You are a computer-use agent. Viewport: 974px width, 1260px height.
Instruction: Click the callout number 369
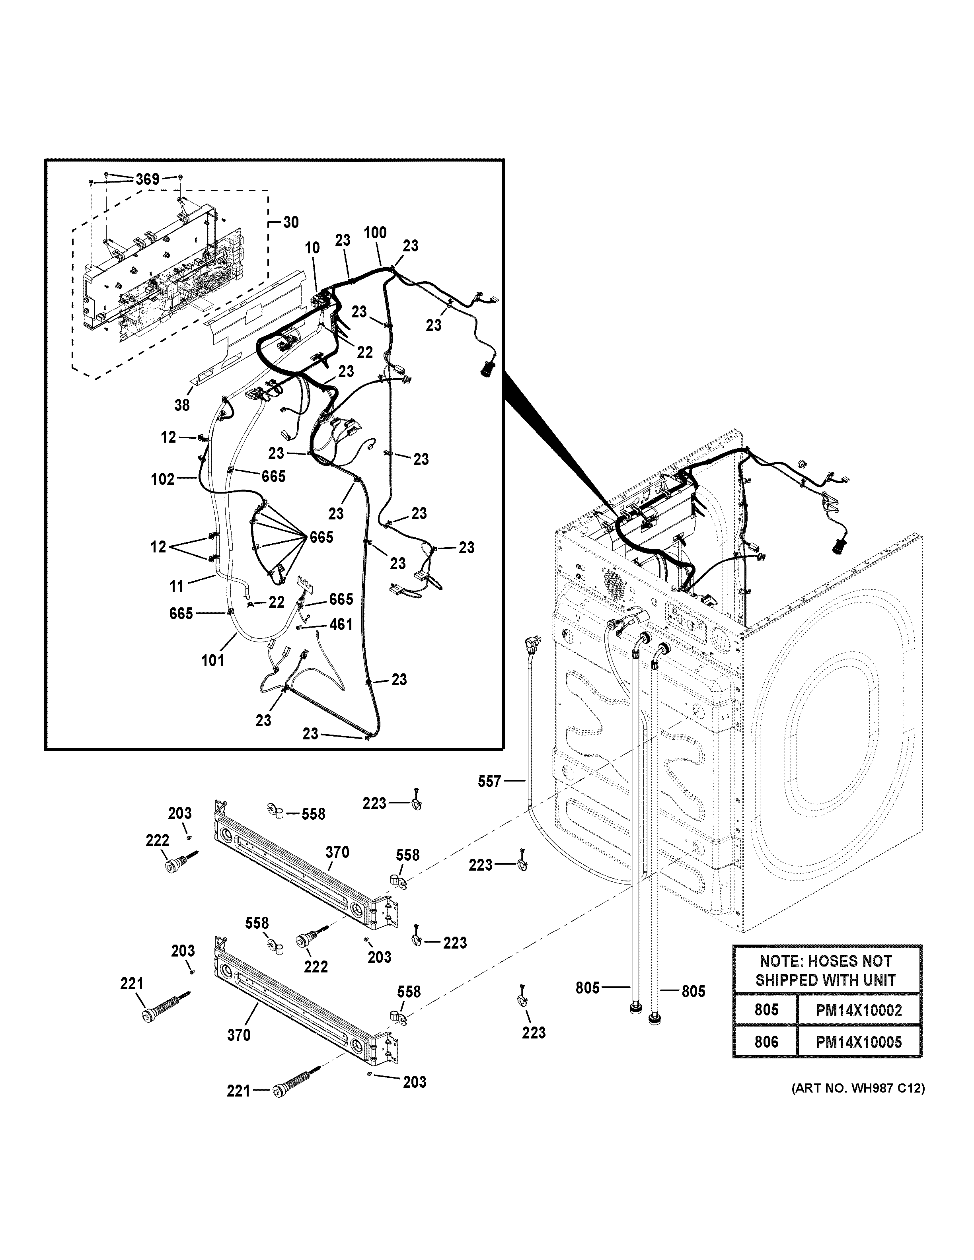click(147, 179)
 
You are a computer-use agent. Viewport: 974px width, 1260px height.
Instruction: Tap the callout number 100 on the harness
click(375, 233)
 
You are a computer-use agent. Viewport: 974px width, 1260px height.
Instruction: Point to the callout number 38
click(182, 406)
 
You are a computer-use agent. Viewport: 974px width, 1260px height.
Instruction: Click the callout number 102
click(163, 479)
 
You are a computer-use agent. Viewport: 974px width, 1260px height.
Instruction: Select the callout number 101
click(212, 661)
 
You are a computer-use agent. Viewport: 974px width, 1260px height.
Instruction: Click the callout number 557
click(489, 782)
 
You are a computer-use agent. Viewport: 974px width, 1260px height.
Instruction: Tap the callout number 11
click(177, 586)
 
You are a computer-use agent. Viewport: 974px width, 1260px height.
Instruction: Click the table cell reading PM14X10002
click(858, 1010)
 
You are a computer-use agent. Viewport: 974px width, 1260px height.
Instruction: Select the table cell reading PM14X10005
click(858, 1042)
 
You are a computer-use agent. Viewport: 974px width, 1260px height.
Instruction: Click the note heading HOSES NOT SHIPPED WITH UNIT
click(826, 970)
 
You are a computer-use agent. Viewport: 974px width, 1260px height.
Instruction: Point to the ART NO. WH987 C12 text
click(857, 1088)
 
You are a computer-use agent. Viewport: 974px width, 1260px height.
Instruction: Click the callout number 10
click(312, 248)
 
